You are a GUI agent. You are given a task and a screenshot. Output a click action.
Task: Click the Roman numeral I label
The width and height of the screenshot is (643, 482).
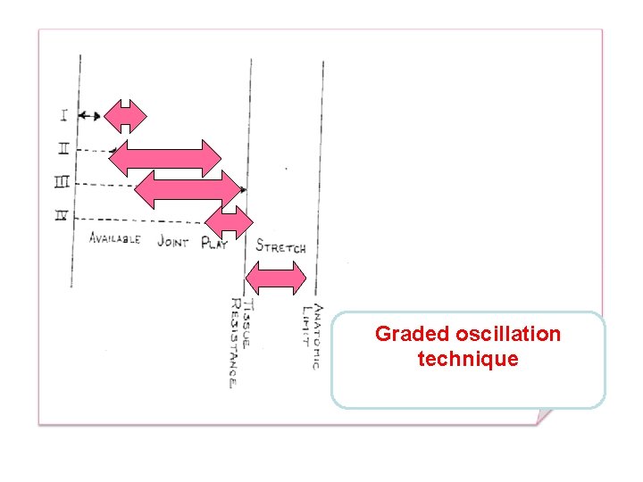pos(64,114)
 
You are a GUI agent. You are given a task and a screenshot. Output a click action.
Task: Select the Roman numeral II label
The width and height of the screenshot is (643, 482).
pos(63,148)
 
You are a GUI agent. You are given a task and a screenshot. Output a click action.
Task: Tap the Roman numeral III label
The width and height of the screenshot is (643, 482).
pos(63,183)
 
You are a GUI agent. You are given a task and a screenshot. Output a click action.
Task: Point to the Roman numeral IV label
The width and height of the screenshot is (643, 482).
pos(63,217)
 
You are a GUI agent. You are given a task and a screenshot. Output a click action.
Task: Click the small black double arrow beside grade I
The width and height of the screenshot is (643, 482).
pos(88,115)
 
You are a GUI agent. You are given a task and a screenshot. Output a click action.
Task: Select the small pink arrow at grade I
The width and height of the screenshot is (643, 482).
pos(125,115)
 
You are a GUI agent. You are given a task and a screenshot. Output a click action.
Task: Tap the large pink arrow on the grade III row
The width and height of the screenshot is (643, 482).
pos(188,188)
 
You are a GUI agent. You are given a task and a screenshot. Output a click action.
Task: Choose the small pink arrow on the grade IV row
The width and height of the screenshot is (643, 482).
pos(230,221)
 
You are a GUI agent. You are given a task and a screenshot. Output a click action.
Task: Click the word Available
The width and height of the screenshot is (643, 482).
pos(114,239)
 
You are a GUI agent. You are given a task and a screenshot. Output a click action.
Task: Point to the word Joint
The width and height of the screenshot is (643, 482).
pos(172,241)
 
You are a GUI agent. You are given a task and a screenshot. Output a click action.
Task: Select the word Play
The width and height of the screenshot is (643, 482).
pos(214,242)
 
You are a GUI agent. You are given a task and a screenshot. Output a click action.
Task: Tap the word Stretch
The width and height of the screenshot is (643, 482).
pos(280,247)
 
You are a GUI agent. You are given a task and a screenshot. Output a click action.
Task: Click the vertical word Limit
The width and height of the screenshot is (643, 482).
pos(305,321)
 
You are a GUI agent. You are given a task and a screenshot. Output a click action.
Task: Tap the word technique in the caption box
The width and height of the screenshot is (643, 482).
pos(467,359)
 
